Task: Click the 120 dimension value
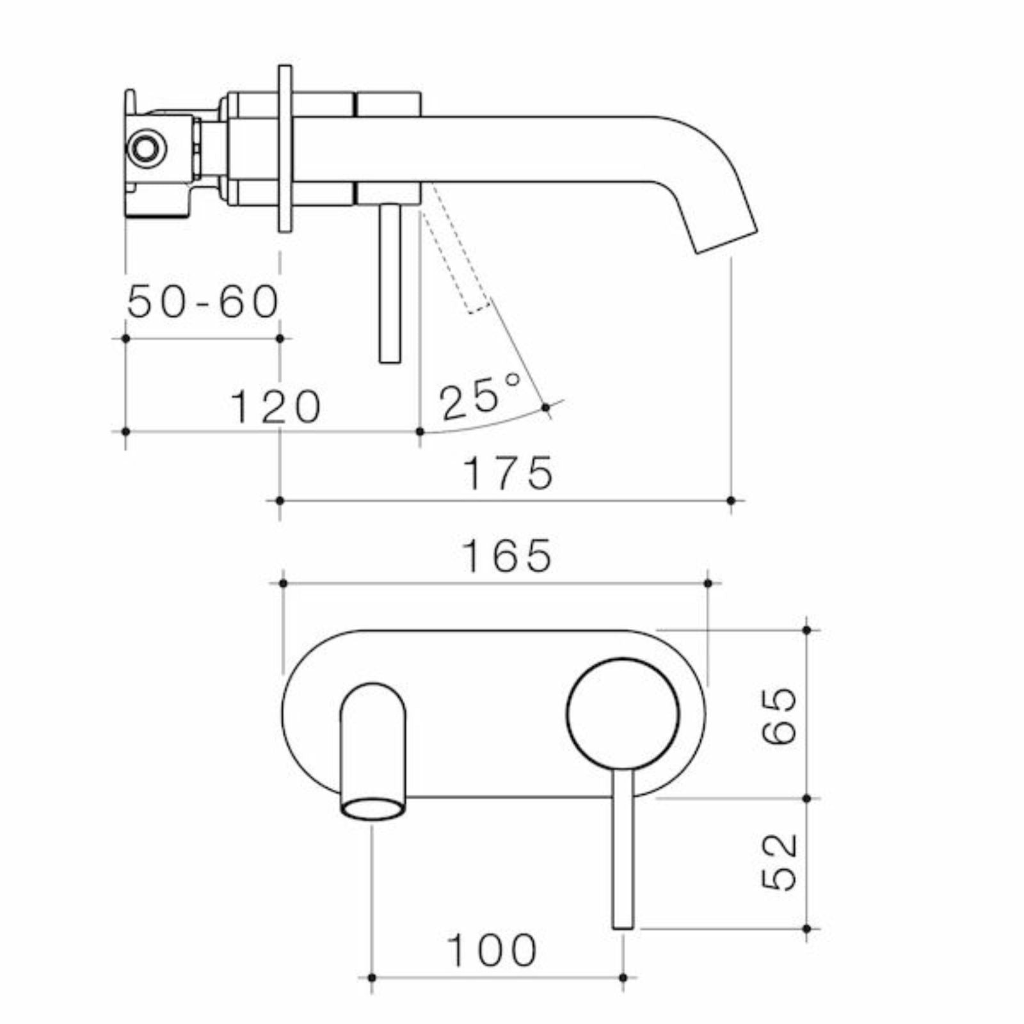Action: click(275, 407)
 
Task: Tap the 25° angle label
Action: click(480, 397)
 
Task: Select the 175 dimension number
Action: click(508, 474)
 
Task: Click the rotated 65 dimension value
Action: click(780, 716)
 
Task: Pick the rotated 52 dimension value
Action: click(780, 862)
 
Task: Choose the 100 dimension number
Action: click(492, 951)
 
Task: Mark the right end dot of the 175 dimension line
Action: click(732, 500)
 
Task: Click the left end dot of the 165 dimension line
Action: click(282, 583)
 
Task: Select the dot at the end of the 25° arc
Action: click(545, 407)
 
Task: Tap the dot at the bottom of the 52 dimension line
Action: click(806, 928)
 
